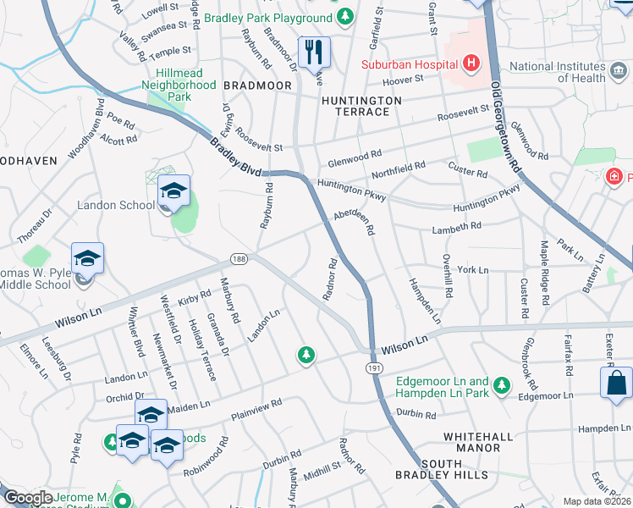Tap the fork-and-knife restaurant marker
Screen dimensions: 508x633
point(314,52)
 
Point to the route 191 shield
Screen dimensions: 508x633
point(373,368)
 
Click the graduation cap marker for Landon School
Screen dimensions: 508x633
point(173,192)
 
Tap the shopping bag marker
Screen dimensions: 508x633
point(616,382)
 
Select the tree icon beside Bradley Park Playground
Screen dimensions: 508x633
point(344,17)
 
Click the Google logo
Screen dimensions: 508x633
point(28,498)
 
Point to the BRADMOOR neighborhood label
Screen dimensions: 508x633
point(257,86)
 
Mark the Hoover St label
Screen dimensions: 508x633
point(403,79)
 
